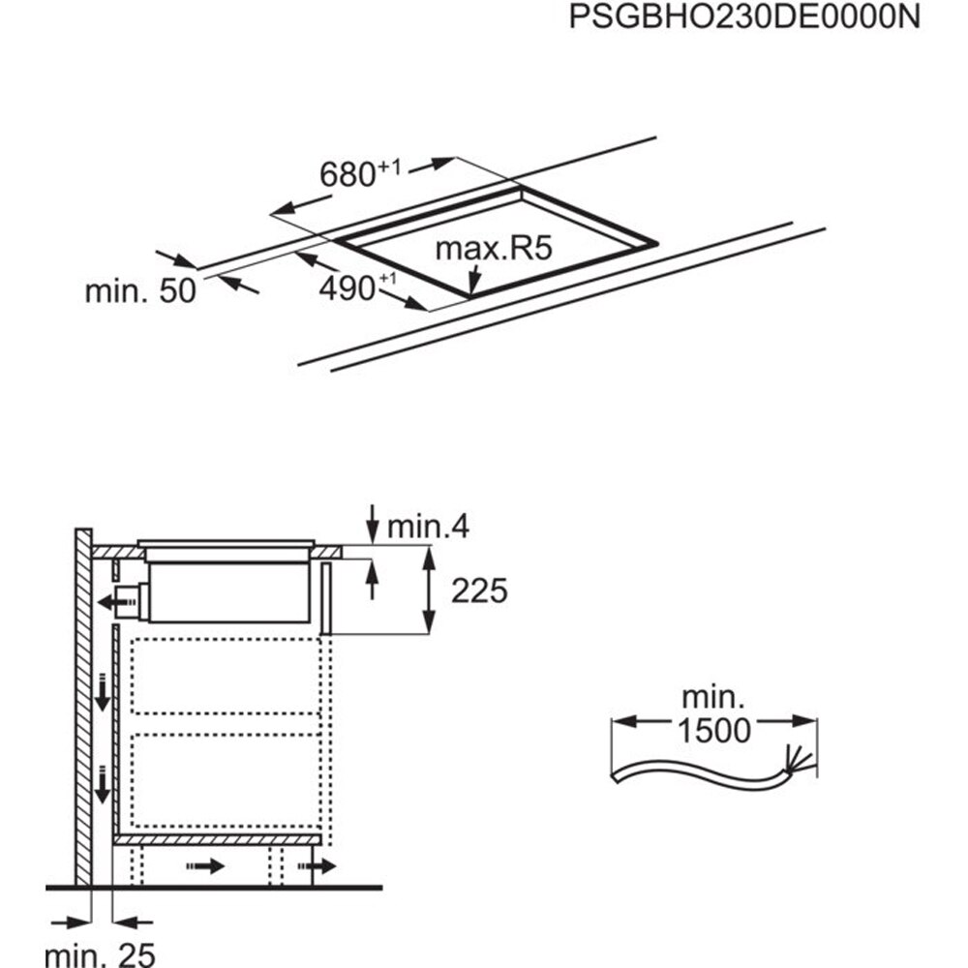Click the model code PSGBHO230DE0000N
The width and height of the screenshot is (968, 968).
(742, 18)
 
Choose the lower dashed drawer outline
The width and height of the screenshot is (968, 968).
(225, 781)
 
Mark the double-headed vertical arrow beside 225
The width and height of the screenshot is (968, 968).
(430, 590)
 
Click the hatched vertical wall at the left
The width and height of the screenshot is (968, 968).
(84, 707)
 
